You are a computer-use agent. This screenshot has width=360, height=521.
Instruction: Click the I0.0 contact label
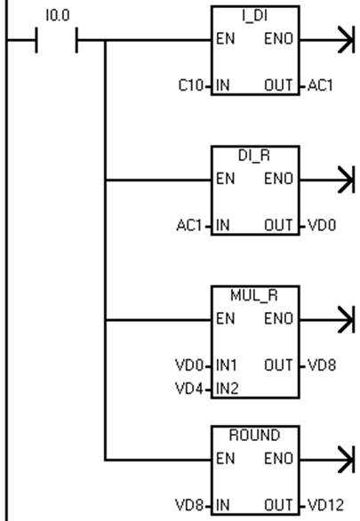click(x=58, y=16)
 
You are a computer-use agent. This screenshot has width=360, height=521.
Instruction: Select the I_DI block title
click(x=255, y=16)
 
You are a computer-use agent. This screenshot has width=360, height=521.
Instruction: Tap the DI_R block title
click(x=254, y=156)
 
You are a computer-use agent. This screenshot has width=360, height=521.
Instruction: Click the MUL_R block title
click(x=254, y=295)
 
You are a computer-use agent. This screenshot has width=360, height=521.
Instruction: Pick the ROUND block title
click(x=255, y=436)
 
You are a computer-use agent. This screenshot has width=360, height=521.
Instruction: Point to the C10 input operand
click(x=190, y=85)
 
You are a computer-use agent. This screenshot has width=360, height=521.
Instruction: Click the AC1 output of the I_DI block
click(x=320, y=85)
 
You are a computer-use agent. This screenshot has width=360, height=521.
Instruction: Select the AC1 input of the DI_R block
click(x=189, y=226)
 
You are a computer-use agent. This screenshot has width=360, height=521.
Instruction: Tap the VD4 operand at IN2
click(x=189, y=389)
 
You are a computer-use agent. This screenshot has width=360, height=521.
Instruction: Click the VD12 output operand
click(x=326, y=505)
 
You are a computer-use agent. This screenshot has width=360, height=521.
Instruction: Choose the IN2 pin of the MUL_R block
click(x=228, y=389)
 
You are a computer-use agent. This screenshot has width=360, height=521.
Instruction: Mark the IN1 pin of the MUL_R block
click(x=227, y=365)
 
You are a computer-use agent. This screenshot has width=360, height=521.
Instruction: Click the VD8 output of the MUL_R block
click(x=322, y=365)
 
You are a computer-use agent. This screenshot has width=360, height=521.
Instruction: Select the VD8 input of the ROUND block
click(x=189, y=505)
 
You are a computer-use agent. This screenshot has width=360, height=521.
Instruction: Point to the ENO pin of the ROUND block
click(x=278, y=459)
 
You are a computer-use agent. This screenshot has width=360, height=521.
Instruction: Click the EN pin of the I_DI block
click(x=225, y=39)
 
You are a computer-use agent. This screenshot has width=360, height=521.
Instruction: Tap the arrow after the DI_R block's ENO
click(x=327, y=180)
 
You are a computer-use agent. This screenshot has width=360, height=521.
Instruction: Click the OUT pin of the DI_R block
click(x=278, y=226)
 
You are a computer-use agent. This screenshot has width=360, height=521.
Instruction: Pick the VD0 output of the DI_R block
click(x=322, y=226)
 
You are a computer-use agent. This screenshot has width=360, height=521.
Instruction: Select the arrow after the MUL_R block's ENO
click(x=327, y=320)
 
